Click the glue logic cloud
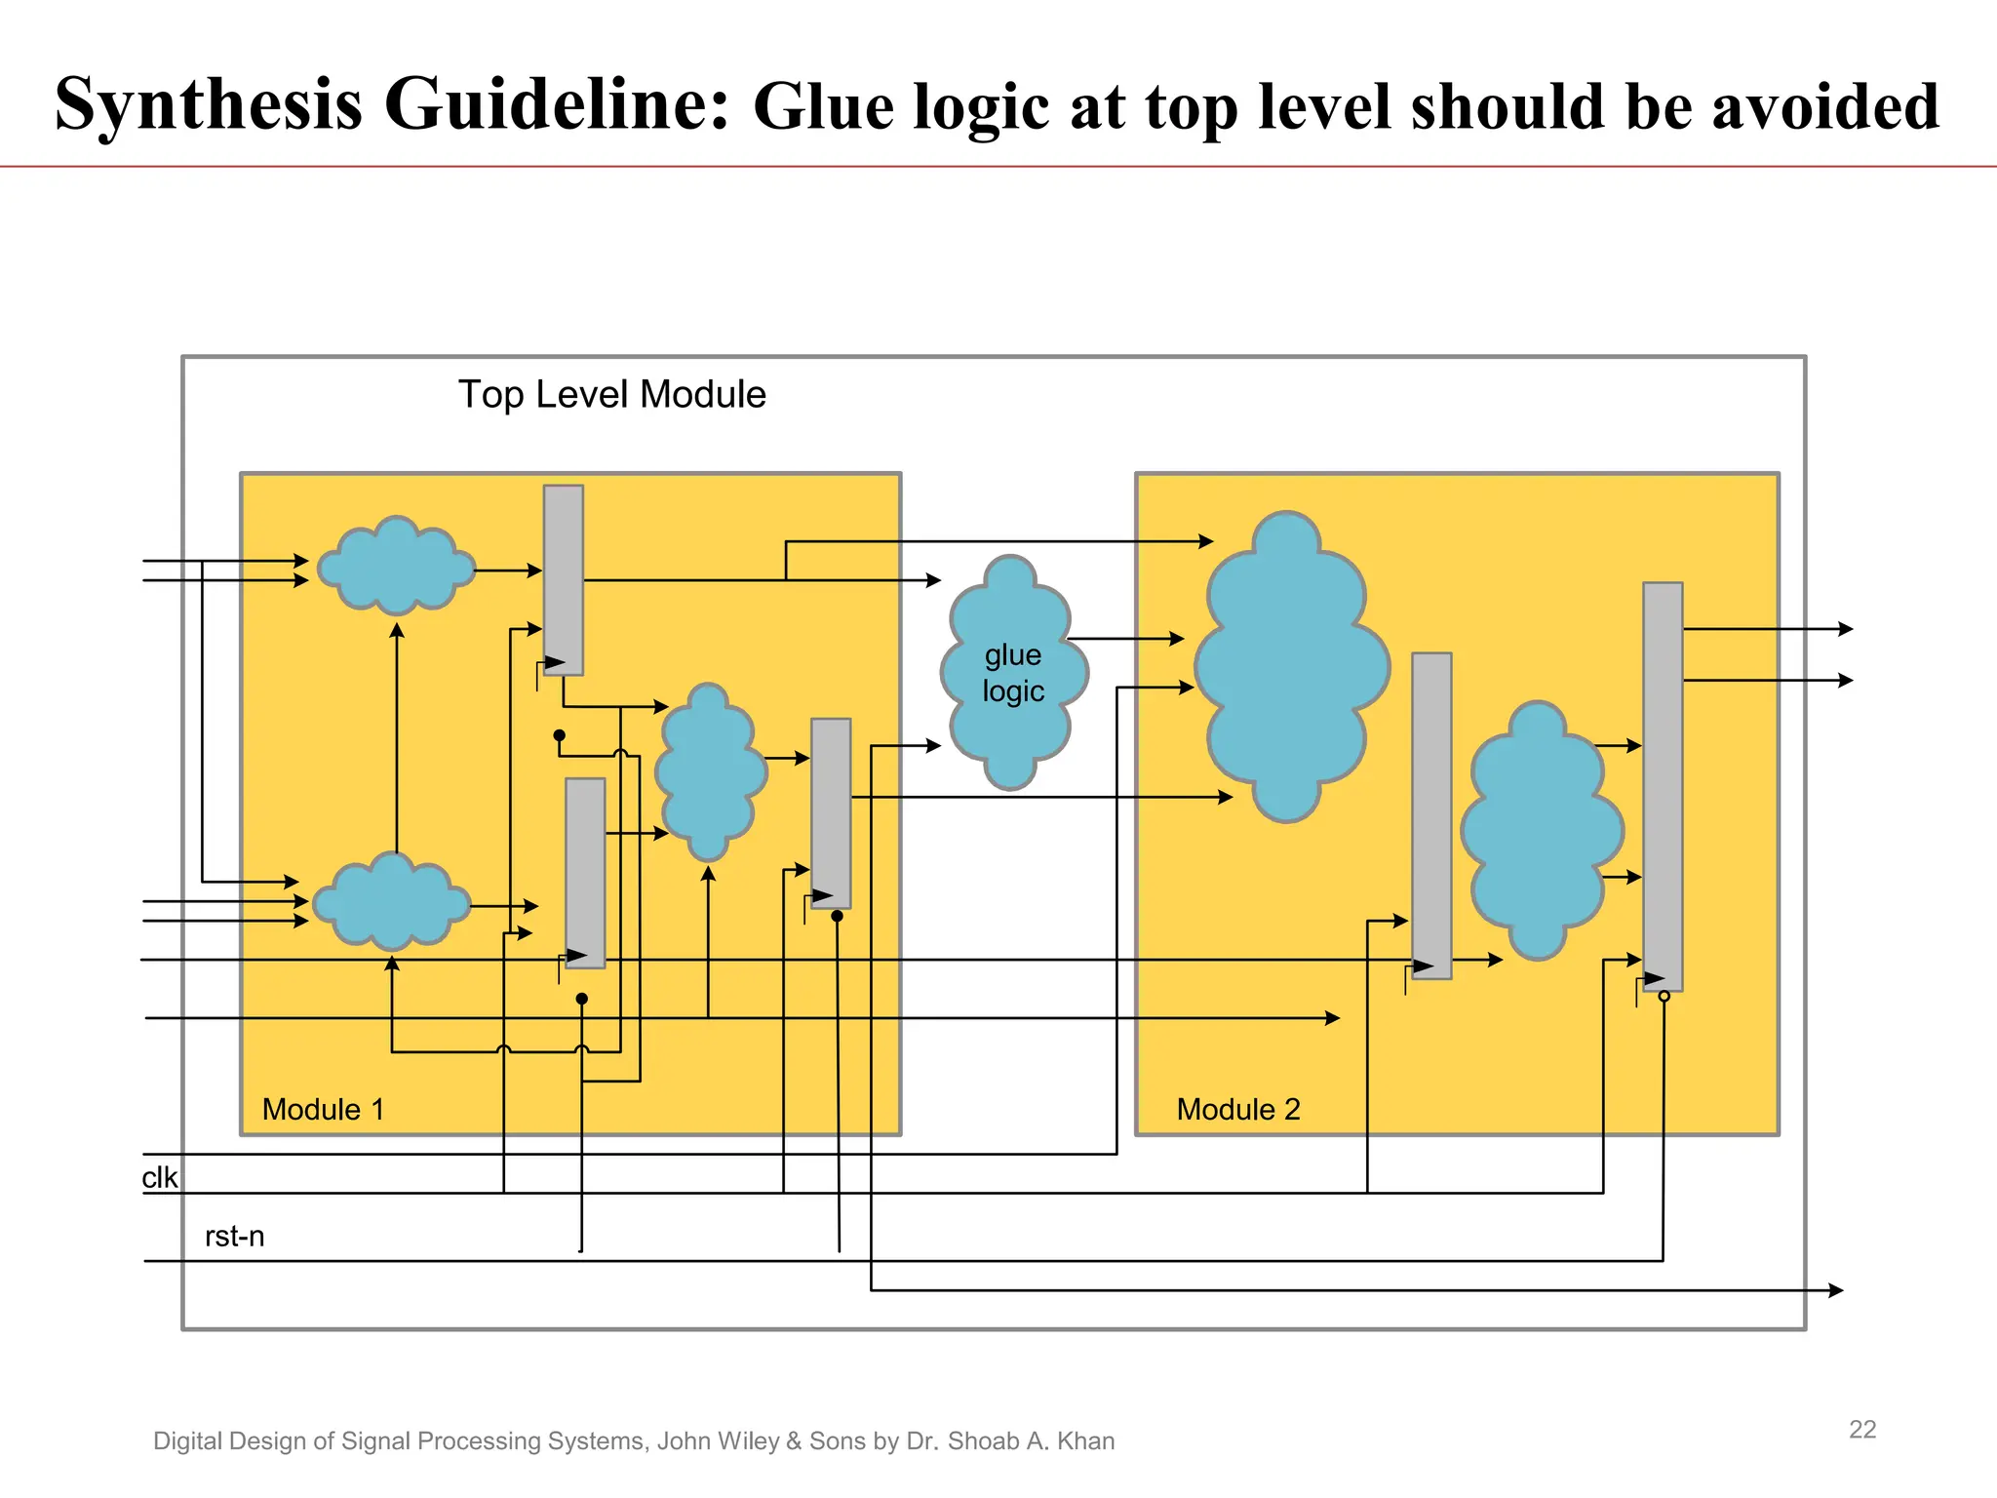1013,673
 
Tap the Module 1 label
323,1109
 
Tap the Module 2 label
1238,1109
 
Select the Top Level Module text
612,395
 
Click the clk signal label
159,1178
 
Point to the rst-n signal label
234,1237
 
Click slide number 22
1862,1430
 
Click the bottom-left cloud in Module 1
392,903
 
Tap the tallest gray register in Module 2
1663,785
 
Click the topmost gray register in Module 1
564,579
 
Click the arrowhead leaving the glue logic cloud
1177,639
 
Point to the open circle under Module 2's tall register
1664,996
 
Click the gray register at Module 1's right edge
831,812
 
